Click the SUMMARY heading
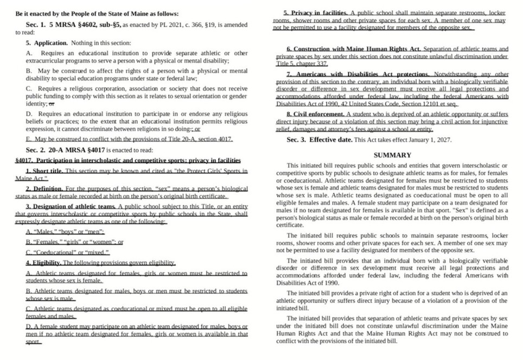pos(392,155)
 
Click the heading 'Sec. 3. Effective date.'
pos(319,140)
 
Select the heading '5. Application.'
pos(47,42)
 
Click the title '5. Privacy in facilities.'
pos(315,12)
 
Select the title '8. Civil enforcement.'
pos(315,115)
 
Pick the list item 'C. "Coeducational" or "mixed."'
pos(68,252)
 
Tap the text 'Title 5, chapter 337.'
pos(302,64)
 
